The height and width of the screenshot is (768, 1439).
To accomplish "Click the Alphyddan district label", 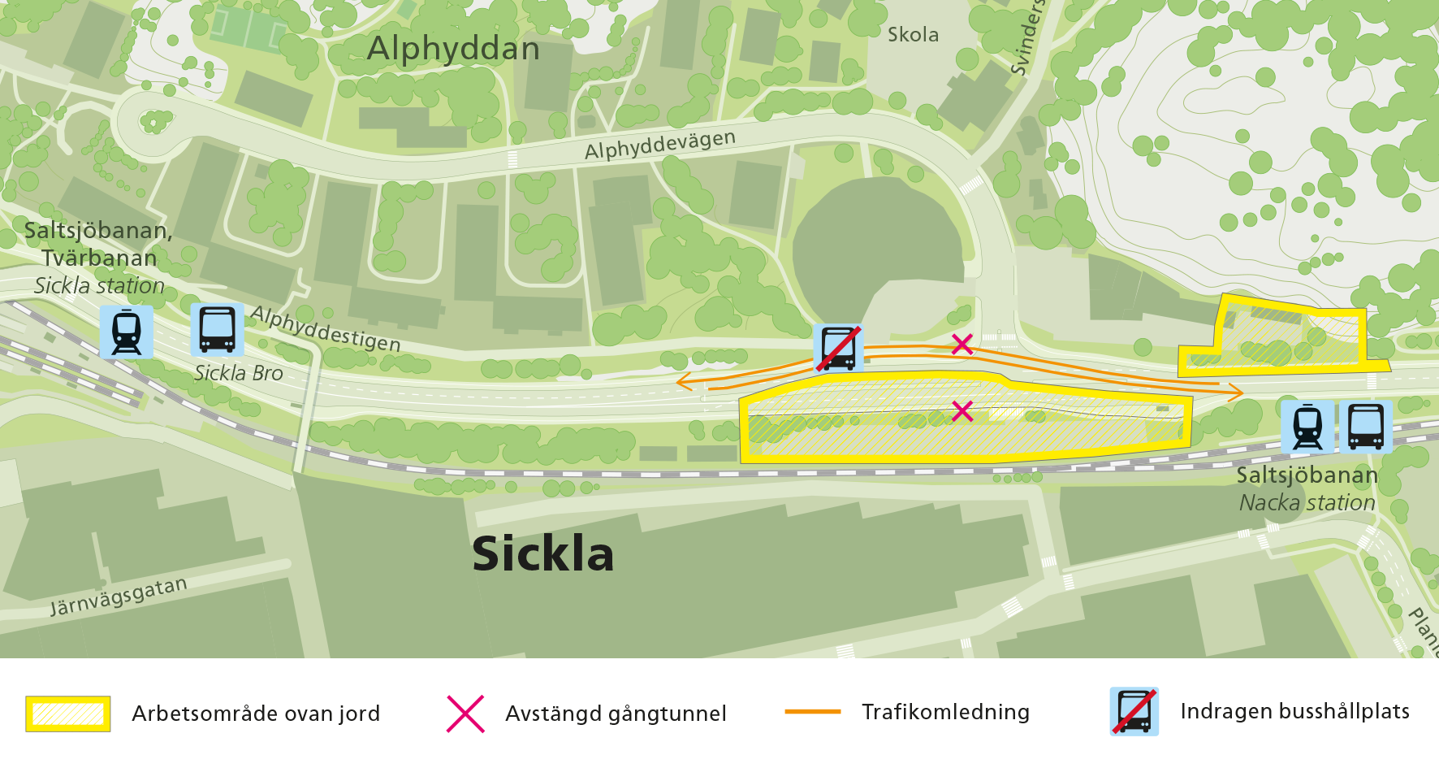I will pos(453,49).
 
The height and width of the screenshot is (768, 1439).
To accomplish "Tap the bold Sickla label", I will pos(542,554).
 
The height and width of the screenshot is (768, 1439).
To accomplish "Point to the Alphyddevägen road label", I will pos(659,145).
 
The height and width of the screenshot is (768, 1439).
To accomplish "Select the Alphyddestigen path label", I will pos(325,328).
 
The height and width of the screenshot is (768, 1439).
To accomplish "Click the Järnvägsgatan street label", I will pos(119,597).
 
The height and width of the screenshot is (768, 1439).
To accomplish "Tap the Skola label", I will pos(913,35).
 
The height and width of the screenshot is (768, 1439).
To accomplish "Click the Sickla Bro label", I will pos(239,373).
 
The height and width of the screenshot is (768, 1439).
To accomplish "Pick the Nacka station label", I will pos(1307,503).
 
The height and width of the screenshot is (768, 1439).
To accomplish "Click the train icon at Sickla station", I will pos(127,332).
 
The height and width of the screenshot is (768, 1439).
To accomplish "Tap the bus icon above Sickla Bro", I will pos(217,330).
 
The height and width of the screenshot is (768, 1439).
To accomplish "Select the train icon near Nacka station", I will pos(1307,427).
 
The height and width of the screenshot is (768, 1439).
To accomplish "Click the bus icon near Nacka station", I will pos(1365,427).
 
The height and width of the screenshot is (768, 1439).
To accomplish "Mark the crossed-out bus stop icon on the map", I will pos(838,348).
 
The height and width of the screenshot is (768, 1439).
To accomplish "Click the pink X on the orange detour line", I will pos(961,345).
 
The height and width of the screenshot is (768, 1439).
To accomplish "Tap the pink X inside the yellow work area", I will pos(961,410).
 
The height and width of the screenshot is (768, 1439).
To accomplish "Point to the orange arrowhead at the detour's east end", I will pos(1236,393).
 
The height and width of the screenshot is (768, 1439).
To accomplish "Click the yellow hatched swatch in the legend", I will pos(68,714).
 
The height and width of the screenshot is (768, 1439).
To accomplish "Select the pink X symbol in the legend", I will pos(465,714).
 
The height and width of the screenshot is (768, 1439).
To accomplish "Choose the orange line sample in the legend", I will pos(813,712).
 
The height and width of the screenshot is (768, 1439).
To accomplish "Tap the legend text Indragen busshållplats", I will pos(1294,711).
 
